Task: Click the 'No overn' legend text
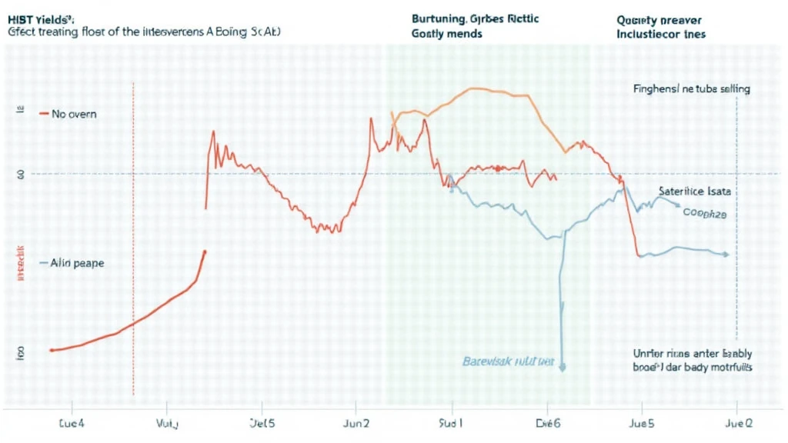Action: coord(74,114)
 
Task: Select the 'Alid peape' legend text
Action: coord(77,263)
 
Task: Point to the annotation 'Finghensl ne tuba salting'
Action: coord(692,89)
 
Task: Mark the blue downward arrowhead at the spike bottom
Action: coord(563,368)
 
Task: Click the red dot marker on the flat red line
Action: coord(498,168)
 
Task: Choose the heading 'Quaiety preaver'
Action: coord(660,18)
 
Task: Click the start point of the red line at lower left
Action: coord(52,350)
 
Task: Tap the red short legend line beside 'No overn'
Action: coord(43,114)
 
